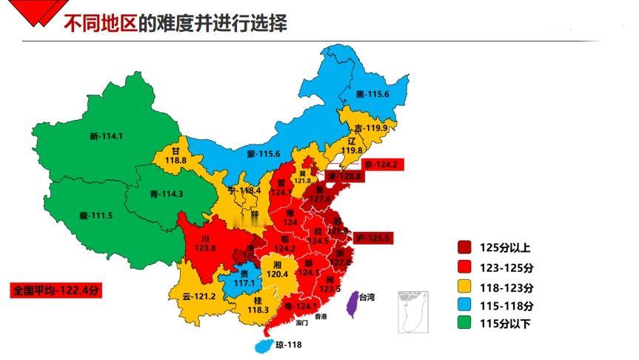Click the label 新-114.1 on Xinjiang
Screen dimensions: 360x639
pos(106,136)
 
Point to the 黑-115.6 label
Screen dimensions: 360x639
pos(372,94)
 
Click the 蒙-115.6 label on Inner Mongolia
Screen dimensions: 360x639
pos(263,153)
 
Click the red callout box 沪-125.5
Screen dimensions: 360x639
pos(373,238)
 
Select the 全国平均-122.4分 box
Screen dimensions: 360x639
pos(56,290)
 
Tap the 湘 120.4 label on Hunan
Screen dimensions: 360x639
pos(275,269)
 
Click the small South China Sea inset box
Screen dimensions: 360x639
pos(412,311)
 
